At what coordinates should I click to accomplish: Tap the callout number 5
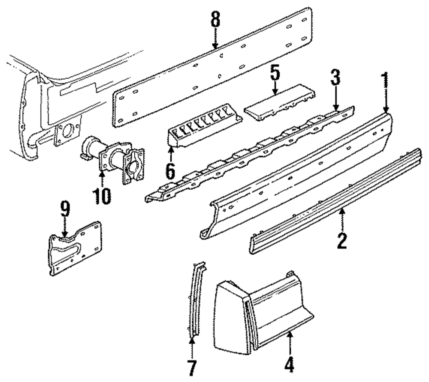pyautogui.click(x=275, y=73)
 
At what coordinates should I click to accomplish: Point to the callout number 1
pyautogui.click(x=385, y=81)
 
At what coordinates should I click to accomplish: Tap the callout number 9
pyautogui.click(x=64, y=210)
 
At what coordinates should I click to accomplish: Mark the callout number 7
pyautogui.click(x=192, y=367)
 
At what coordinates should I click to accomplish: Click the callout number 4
pyautogui.click(x=290, y=365)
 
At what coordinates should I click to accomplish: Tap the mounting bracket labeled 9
pyautogui.click(x=75, y=248)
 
